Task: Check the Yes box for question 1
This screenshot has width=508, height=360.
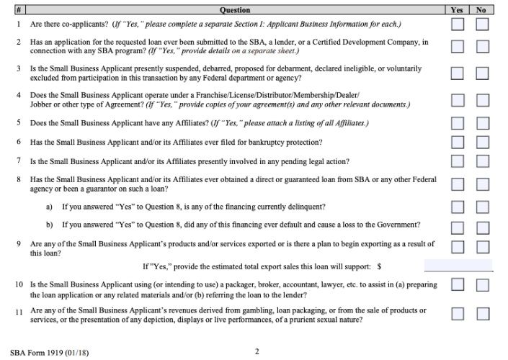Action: [458, 25]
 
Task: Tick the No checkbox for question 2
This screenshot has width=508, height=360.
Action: [482, 47]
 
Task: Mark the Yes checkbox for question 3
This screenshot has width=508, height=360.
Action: [458, 73]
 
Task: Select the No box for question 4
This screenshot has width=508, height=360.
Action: [482, 99]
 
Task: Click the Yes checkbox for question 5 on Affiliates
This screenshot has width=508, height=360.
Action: [458, 123]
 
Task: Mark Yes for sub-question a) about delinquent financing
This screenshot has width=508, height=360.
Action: [458, 207]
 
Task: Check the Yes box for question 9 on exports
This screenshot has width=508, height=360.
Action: [458, 247]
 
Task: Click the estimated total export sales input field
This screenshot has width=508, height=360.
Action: [458, 266]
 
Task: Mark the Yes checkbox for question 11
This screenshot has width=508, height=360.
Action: [458, 314]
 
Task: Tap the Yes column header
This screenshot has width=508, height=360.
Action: [458, 10]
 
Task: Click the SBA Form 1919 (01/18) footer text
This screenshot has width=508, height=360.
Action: [50, 352]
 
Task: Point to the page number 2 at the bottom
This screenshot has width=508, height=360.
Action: [257, 352]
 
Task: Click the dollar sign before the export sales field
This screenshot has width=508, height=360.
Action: [380, 266]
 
